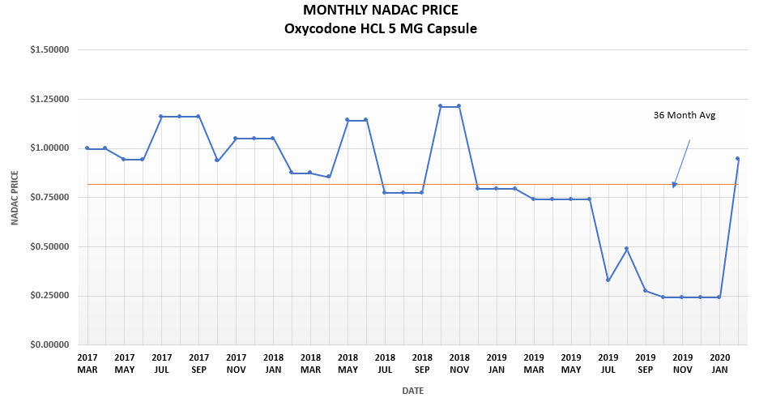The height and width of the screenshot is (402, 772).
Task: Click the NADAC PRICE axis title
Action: [x=15, y=198]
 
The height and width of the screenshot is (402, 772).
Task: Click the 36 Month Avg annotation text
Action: [x=685, y=115]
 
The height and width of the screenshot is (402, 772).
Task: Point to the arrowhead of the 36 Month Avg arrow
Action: [x=674, y=185]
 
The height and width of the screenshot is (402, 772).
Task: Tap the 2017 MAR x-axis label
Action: [x=87, y=362]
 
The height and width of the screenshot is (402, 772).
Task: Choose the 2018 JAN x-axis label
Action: [x=273, y=362]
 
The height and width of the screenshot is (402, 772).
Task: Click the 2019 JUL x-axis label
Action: [x=608, y=362]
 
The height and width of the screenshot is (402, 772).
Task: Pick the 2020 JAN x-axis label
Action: [x=719, y=362]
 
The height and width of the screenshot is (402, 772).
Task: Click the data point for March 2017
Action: [x=87, y=148]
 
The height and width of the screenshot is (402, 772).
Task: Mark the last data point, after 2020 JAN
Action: [x=737, y=159]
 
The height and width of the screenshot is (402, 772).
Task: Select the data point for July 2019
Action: [x=608, y=280]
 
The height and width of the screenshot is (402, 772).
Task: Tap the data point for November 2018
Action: [x=459, y=106]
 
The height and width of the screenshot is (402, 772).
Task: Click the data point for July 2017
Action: [x=161, y=117]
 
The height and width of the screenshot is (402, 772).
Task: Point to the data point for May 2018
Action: [x=348, y=120]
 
